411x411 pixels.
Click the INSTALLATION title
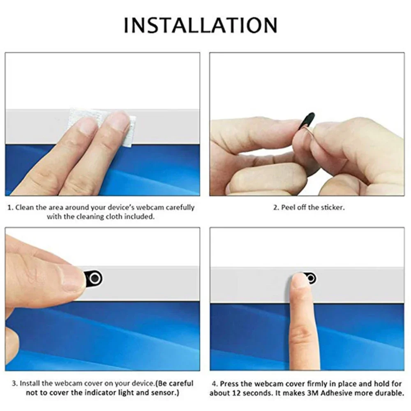[200, 25]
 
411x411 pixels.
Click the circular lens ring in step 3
[95, 278]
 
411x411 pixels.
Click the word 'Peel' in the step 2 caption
[289, 208]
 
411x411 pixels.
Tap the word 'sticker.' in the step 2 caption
[331, 208]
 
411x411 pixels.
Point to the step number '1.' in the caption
[10, 208]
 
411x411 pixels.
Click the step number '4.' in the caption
[215, 383]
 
